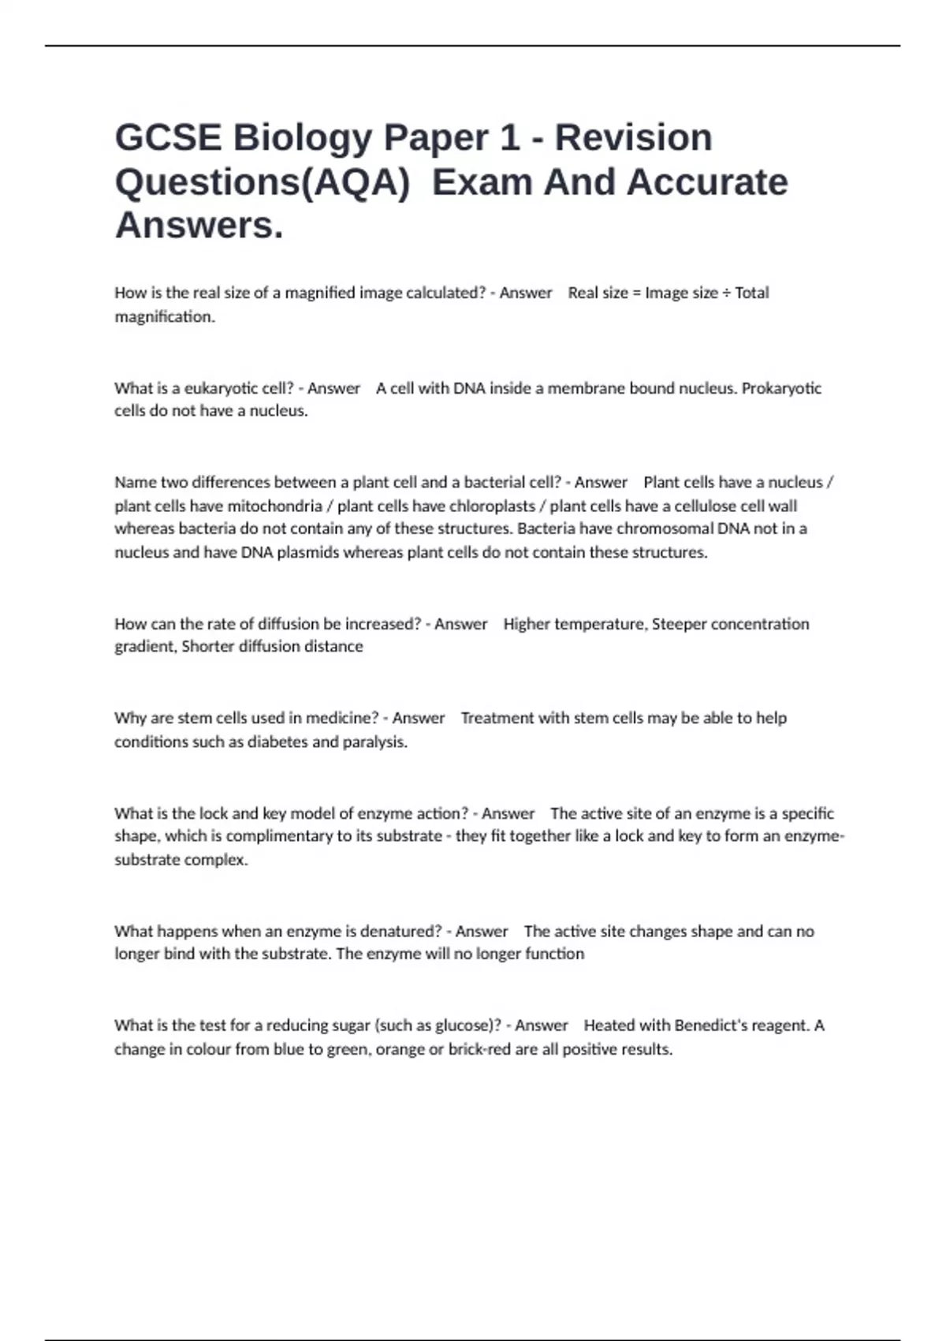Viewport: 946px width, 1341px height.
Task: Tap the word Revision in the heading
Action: [633, 137]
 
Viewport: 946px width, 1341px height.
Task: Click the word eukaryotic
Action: [222, 388]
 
